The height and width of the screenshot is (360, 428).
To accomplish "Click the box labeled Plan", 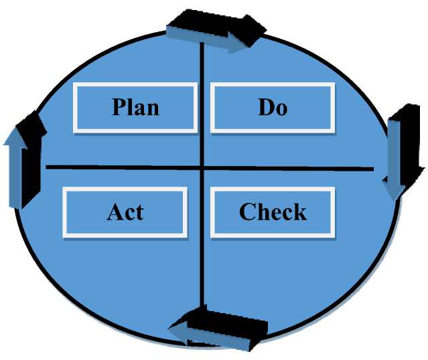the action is pyautogui.click(x=136, y=107).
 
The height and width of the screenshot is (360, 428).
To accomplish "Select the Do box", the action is pyautogui.click(x=273, y=107).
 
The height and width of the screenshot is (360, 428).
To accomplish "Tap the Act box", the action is pyautogui.click(x=125, y=211).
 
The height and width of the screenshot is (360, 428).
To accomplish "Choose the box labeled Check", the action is pyautogui.click(x=273, y=211).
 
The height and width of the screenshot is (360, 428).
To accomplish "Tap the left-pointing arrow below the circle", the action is pyautogui.click(x=218, y=328).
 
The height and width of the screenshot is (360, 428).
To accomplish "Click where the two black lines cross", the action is pyautogui.click(x=202, y=167).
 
